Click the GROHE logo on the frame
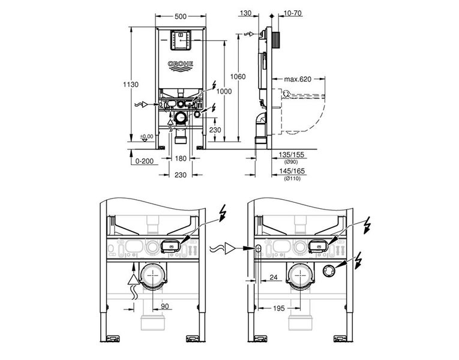tap(179, 64)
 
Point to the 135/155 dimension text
tap(292, 155)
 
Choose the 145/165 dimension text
tap(292, 171)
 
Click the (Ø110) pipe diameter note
tap(292, 178)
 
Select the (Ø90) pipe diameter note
tap(292, 161)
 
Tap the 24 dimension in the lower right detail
tap(274, 278)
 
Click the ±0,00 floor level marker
tap(146, 137)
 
